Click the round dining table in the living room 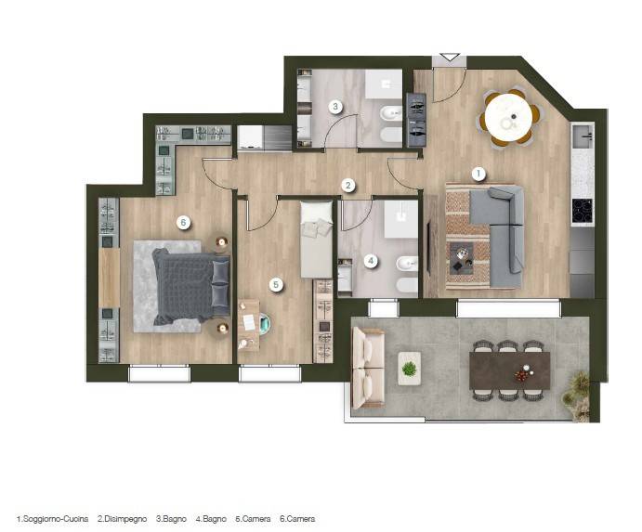(508, 118)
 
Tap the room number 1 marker (478, 174)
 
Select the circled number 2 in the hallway (348, 186)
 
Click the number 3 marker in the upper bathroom (335, 107)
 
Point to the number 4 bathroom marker (371, 261)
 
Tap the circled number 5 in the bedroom (276, 285)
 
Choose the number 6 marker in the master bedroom (183, 223)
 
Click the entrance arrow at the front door (450, 58)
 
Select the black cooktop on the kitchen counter (582, 211)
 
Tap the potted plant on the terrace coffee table (409, 369)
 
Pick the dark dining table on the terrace (509, 370)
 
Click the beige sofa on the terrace (368, 368)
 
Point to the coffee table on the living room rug (462, 258)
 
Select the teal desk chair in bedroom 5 (263, 323)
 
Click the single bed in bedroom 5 (316, 240)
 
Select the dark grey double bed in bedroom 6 (190, 287)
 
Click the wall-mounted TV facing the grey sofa (429, 247)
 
